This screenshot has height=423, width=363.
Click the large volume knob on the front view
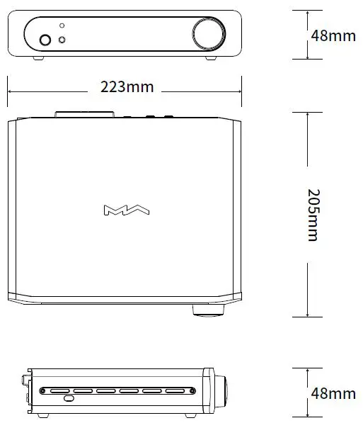207,33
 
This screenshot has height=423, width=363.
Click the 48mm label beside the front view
333,35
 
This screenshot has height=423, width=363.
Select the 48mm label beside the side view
333,393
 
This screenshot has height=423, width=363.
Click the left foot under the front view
37,58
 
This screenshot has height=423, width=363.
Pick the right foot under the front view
212,58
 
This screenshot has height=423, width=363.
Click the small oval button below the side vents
69,399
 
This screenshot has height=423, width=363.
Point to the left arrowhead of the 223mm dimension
11,88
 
